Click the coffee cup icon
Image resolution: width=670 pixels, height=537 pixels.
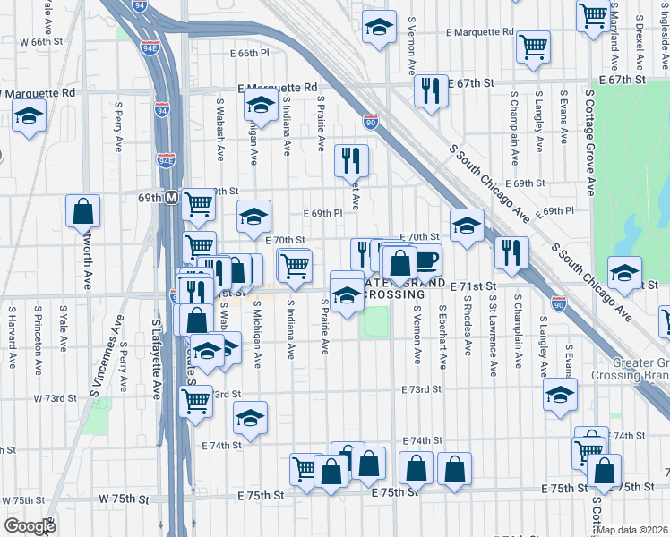click(426, 260)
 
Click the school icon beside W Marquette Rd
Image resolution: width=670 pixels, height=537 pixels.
click(29, 117)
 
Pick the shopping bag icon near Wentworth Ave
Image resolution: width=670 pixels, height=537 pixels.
click(82, 211)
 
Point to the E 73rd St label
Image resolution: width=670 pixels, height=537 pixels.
click(422, 389)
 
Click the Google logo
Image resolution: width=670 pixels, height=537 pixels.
click(30, 526)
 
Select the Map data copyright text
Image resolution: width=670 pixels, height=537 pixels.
click(632, 530)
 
